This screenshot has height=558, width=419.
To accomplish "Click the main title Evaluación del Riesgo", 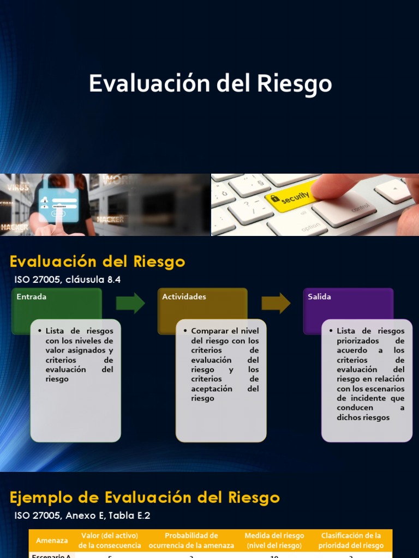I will [210, 84].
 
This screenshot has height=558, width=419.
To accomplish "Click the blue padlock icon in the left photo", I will [58, 204].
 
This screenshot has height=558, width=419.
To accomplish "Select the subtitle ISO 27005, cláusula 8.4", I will [67, 280].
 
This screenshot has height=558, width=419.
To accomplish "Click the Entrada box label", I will [32, 297].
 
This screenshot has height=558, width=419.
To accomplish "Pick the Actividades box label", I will [184, 297].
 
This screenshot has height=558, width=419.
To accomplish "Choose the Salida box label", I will [319, 297].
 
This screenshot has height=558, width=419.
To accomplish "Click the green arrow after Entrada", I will [130, 303].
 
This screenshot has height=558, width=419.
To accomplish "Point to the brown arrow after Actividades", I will [276, 303].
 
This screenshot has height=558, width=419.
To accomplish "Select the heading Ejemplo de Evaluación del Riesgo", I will [145, 498].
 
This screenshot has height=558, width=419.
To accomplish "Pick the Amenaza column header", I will [52, 541].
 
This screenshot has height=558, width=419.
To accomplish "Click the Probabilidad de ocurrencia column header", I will [191, 541].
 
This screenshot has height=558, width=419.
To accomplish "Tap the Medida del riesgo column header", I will [274, 541].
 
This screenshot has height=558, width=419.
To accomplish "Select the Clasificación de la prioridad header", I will [351, 541].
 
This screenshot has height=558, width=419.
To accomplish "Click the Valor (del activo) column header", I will [110, 541].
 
